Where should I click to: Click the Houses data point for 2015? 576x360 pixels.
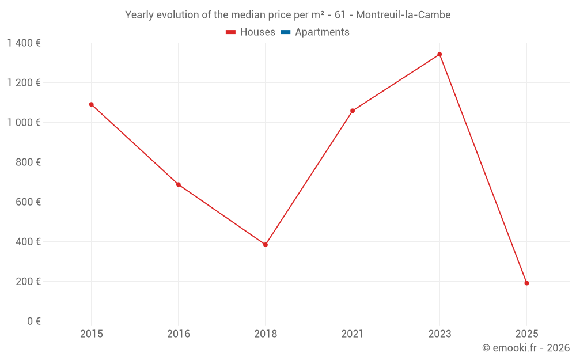91,104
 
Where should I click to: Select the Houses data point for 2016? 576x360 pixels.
179,184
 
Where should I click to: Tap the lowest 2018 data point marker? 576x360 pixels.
266,245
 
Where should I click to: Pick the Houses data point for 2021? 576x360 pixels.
353,111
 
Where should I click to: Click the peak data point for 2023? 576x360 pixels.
439,54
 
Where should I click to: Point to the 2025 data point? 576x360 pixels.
526,283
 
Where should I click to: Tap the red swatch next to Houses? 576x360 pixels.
231,32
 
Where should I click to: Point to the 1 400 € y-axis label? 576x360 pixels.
24,43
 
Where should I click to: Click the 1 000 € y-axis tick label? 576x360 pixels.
24,122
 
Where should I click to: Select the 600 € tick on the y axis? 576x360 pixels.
29,202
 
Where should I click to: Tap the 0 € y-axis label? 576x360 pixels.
33,321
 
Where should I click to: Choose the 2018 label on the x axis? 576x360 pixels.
266,334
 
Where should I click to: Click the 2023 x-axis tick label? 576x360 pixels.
439,334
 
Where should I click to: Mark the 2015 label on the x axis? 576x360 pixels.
91,334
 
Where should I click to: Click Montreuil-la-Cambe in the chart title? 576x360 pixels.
403,14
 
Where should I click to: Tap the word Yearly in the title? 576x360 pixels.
139,14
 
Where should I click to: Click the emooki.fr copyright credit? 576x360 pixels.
526,348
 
